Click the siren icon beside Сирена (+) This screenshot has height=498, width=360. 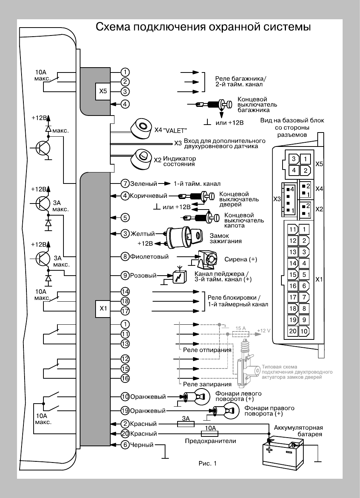pyautogui.click(x=207, y=259)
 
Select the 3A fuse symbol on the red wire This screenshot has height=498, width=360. pyautogui.click(x=186, y=424)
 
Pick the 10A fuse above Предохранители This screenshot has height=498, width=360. pyautogui.click(x=209, y=433)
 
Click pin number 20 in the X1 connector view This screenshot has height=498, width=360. pyautogui.click(x=293, y=331)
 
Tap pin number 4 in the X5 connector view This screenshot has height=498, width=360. pyautogui.click(x=294, y=170)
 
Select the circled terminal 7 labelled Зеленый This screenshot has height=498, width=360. pyautogui.click(x=125, y=183)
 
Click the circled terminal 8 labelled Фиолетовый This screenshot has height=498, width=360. pyautogui.click(x=125, y=256)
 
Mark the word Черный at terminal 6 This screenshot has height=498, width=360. pyautogui.click(x=142, y=445)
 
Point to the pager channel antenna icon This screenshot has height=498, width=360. pyautogui.click(x=179, y=275)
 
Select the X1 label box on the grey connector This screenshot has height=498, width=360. pyautogui.click(x=103, y=308)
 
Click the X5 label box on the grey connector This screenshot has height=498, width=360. pyautogui.click(x=103, y=91)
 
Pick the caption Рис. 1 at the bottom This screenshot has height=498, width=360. pyautogui.click(x=207, y=463)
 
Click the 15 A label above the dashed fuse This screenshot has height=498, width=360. pyautogui.click(x=241, y=328)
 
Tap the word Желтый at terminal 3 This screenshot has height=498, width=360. pyautogui.click(x=142, y=234)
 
